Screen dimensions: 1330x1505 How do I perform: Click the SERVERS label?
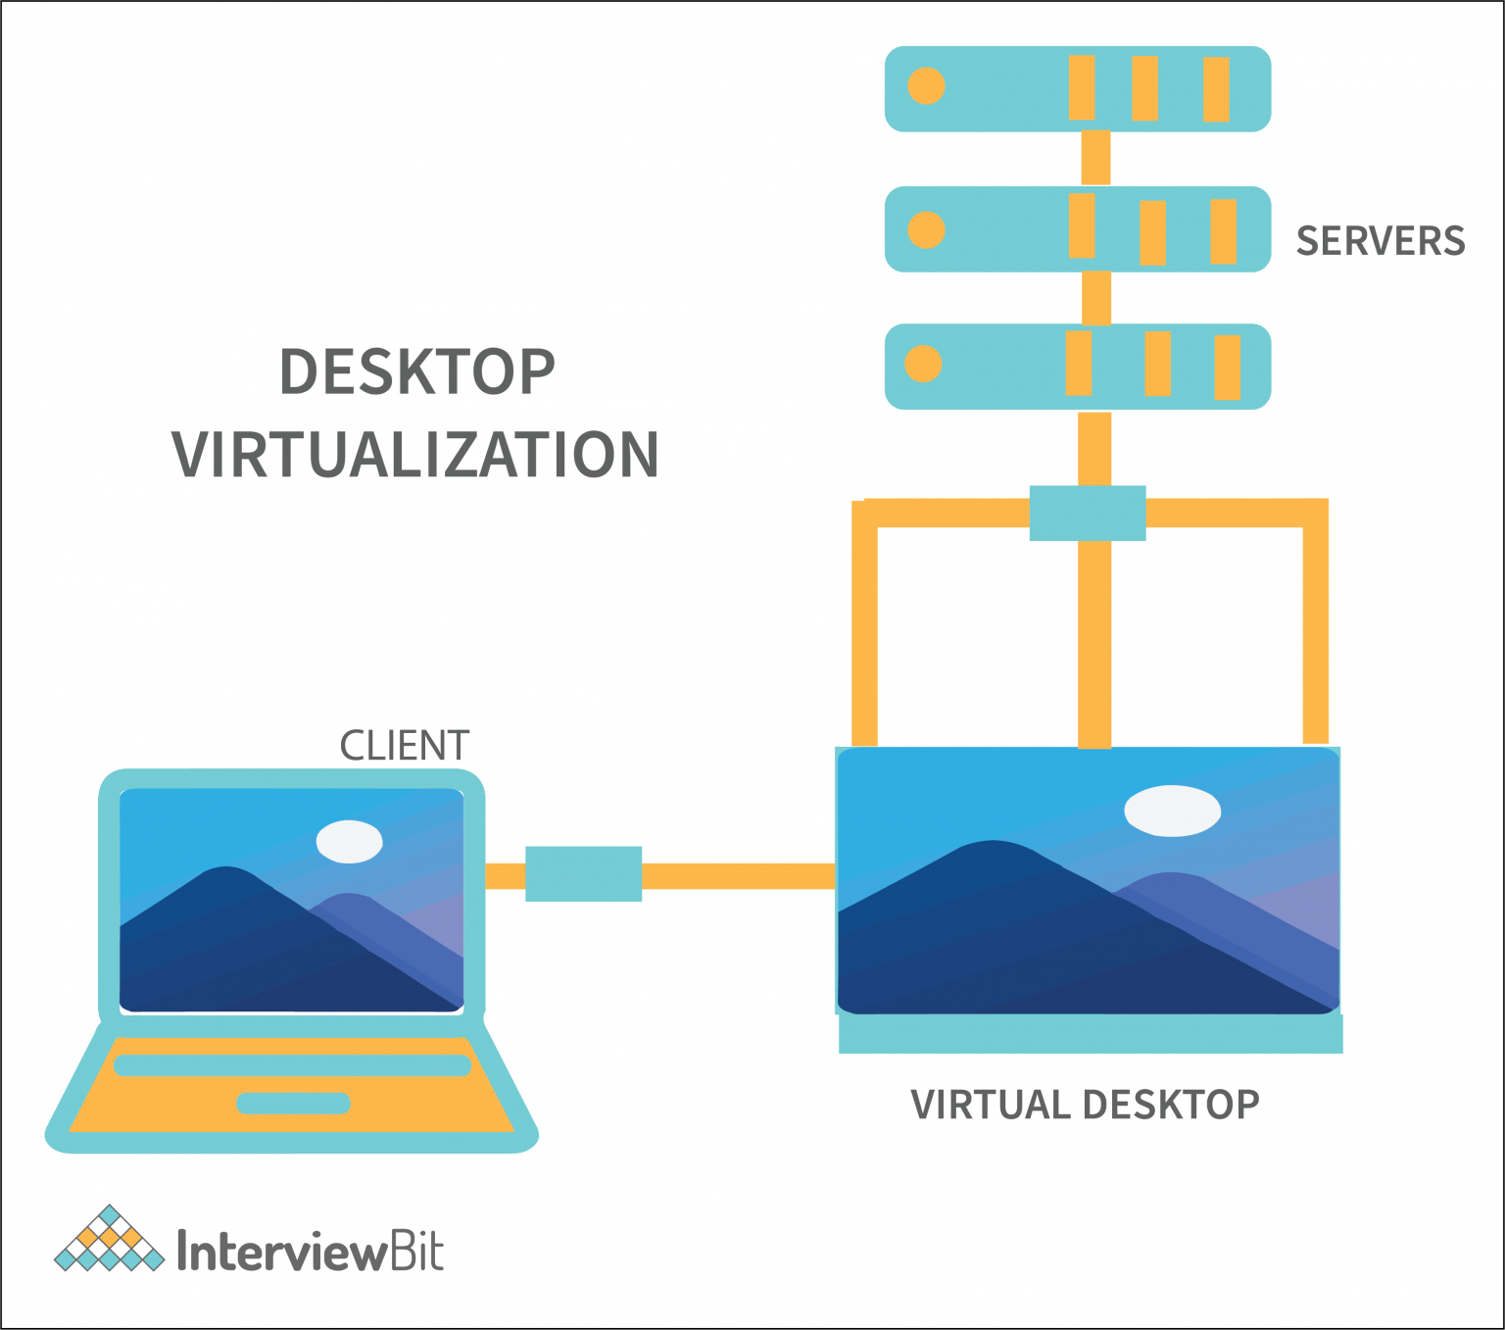pos(1380,241)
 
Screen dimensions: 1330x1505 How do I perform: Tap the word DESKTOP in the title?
pos(417,372)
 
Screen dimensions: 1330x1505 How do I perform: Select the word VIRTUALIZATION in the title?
pos(415,455)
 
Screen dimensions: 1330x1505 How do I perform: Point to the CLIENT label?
pos(404,746)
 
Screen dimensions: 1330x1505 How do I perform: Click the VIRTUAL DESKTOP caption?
pos(1085,1105)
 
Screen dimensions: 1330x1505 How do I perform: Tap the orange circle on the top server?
pos(926,86)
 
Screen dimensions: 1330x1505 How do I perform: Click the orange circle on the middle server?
pos(926,230)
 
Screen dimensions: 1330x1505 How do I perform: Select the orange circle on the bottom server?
pos(923,364)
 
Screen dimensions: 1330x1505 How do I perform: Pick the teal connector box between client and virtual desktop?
pos(584,873)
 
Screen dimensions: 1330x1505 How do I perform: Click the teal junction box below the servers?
pos(1088,513)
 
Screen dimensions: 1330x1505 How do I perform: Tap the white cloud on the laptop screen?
pos(349,841)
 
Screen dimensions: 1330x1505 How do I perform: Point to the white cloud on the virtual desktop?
pos(1172,811)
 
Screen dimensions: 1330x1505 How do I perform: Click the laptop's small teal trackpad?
pos(293,1103)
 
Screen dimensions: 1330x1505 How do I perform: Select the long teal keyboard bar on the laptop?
pos(292,1065)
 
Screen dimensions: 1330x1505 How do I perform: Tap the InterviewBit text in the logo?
pos(310,1252)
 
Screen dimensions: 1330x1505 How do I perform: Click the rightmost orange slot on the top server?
pos(1216,89)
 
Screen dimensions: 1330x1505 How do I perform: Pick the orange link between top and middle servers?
pos(1095,159)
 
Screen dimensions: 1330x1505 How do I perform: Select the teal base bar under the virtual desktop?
pos(1091,1034)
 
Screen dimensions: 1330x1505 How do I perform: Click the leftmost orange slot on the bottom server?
pos(1078,363)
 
